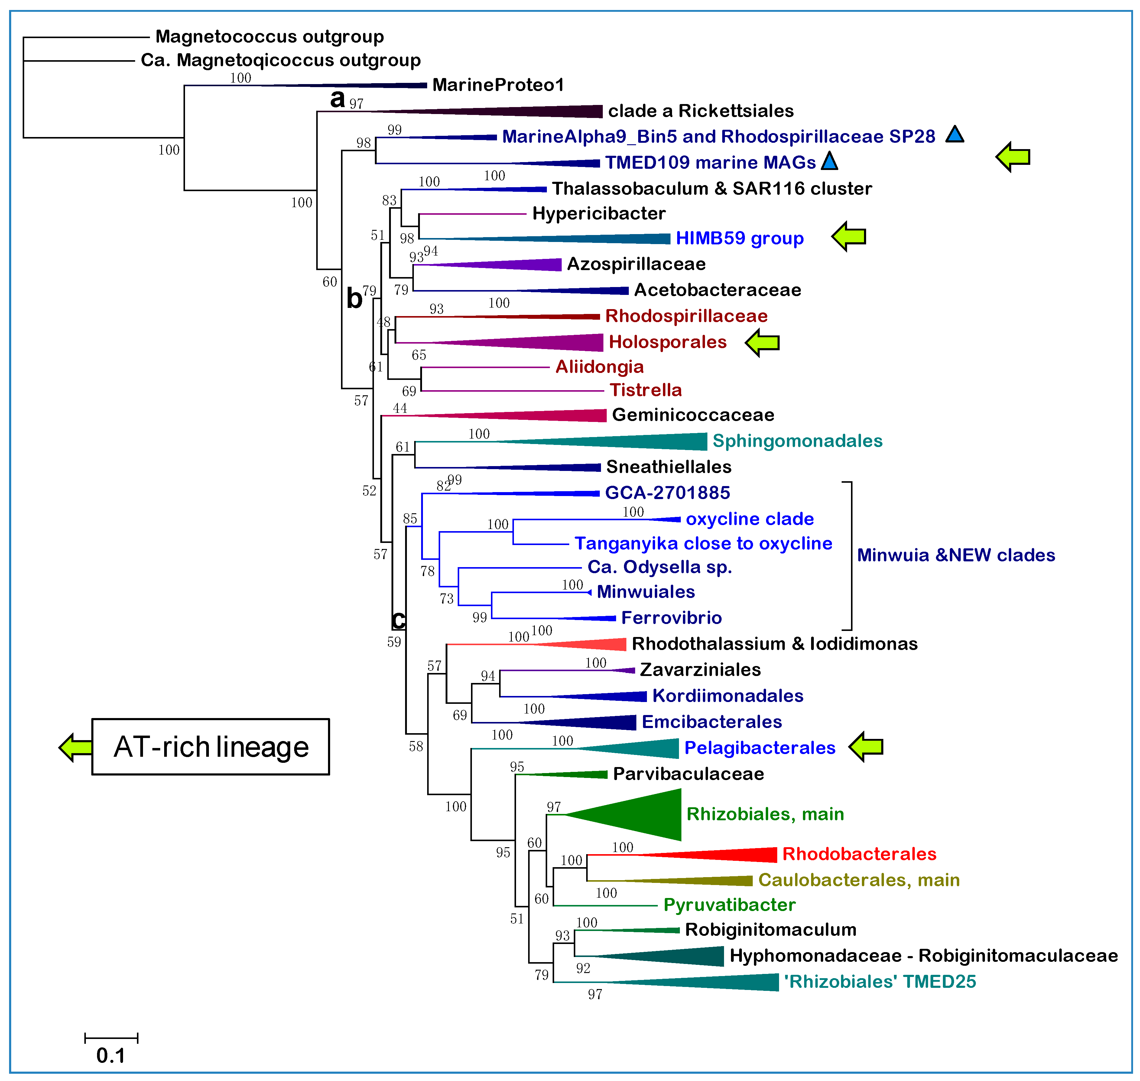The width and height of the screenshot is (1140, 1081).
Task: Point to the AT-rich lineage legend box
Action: tap(210, 747)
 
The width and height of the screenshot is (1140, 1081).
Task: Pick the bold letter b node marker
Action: tap(354, 299)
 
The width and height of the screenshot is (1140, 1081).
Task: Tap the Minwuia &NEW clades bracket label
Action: tap(956, 555)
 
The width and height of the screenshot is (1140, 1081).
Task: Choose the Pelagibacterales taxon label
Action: tap(759, 748)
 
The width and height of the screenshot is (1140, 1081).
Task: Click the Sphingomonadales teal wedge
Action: tap(634, 441)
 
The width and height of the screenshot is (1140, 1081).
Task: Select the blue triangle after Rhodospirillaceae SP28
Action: tap(954, 135)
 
